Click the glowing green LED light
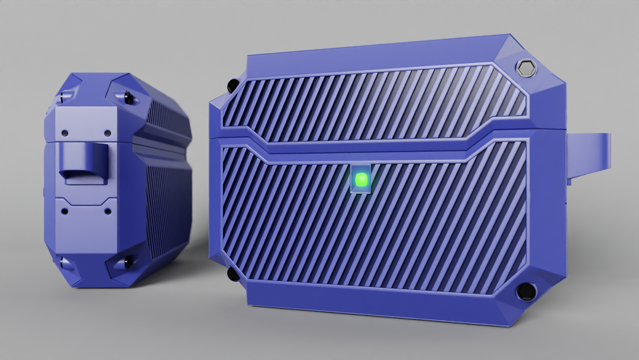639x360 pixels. (x=360, y=179)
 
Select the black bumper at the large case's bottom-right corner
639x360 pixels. (x=524, y=291)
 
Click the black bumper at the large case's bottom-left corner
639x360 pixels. (x=233, y=274)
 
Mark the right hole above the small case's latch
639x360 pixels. (x=107, y=133)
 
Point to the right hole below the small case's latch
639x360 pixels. (x=109, y=210)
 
